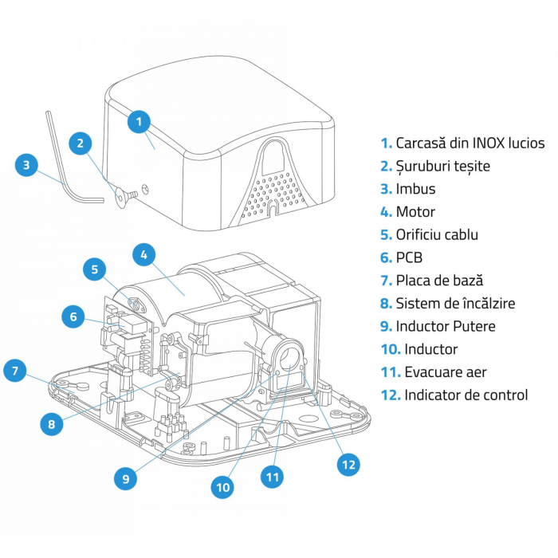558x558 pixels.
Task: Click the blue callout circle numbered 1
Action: point(139,121)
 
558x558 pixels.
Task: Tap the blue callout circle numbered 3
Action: point(26,165)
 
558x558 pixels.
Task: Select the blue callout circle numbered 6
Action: point(73,316)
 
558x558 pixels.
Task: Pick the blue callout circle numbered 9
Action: point(126,478)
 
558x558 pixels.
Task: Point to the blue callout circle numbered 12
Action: point(348,465)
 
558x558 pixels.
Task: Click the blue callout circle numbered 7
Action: point(15,371)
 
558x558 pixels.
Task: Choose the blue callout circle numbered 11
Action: point(273,477)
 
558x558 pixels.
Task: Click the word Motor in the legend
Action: point(415,212)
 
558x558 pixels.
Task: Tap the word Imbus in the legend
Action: point(415,189)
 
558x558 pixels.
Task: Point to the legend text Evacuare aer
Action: point(446,372)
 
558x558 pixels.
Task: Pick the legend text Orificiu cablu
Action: point(437,235)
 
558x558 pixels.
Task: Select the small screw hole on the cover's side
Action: point(145,189)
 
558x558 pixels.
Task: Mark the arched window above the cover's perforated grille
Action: point(273,158)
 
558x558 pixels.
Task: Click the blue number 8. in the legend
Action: point(386,304)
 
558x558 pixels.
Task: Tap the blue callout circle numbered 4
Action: point(143,255)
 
